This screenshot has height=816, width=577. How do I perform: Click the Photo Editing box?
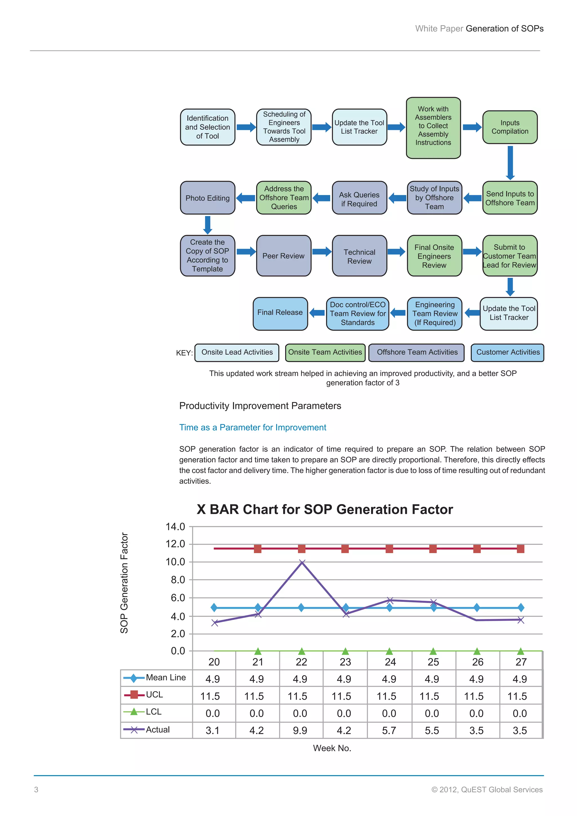pyautogui.click(x=207, y=198)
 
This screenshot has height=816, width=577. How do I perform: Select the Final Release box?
pyautogui.click(x=280, y=313)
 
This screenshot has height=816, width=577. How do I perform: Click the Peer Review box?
pyautogui.click(x=283, y=256)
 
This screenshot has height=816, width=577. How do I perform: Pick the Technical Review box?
pyautogui.click(x=359, y=256)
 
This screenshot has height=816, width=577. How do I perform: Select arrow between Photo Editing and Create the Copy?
pyautogui.click(x=207, y=225)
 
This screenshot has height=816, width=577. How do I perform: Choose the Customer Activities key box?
pyautogui.click(x=507, y=352)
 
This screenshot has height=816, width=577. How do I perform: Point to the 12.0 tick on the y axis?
pyautogui.click(x=175, y=544)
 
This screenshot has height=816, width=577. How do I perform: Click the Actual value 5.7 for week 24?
pyautogui.click(x=389, y=730)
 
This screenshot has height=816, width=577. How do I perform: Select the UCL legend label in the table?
pyautogui.click(x=154, y=695)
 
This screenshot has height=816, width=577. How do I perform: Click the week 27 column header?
pyautogui.click(x=521, y=662)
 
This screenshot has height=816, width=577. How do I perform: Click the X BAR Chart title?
pyautogui.click(x=325, y=509)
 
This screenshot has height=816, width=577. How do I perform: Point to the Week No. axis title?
pyautogui.click(x=332, y=748)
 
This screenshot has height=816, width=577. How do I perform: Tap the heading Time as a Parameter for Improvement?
pyautogui.click(x=253, y=427)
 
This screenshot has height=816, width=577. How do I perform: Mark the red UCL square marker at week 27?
pyautogui.click(x=520, y=549)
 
